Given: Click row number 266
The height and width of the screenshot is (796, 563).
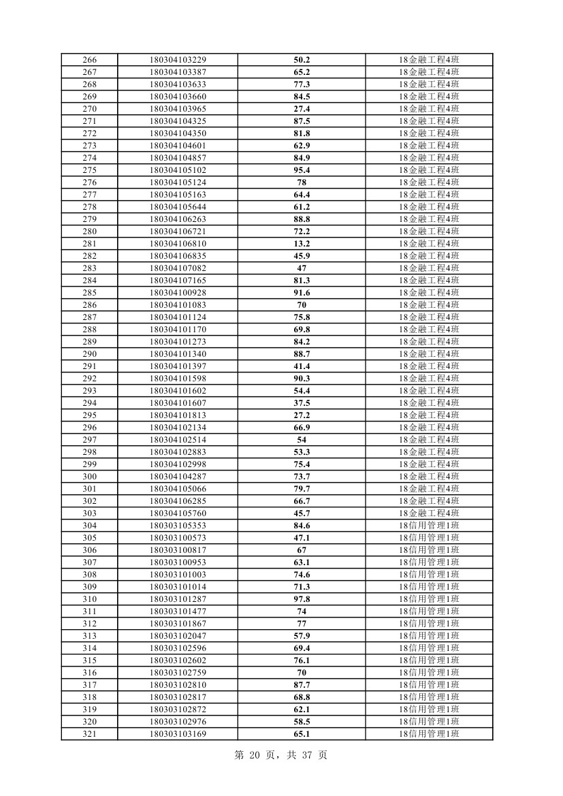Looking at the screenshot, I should (89, 60).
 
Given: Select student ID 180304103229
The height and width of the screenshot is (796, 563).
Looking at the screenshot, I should (178, 60).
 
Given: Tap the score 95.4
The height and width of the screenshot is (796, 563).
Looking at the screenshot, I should (302, 170).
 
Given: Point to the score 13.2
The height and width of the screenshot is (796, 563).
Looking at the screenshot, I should (302, 244).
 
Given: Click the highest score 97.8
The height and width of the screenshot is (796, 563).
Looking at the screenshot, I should (302, 599).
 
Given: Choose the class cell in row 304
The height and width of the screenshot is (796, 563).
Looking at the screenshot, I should (429, 526).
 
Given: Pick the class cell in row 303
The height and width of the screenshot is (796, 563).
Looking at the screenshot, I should (429, 513).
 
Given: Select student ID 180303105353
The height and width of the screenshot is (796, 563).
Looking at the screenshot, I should (178, 526).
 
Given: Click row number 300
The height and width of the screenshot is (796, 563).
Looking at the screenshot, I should (89, 477).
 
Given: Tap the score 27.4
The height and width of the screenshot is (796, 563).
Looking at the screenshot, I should (302, 109).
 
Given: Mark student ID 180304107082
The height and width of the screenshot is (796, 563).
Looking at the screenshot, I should (178, 268).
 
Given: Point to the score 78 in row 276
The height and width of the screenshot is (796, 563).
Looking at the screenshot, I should (302, 182).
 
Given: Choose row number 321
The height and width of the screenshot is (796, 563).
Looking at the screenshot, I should (89, 734).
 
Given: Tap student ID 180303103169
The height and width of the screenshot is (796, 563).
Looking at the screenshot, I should (178, 734).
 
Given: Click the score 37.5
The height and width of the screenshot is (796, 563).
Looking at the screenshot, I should (302, 403).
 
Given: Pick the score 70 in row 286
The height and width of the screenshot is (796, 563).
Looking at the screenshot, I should (302, 305).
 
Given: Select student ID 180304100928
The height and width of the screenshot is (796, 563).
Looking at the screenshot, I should (178, 293).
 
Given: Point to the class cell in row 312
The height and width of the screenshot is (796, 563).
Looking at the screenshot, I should (429, 624).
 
